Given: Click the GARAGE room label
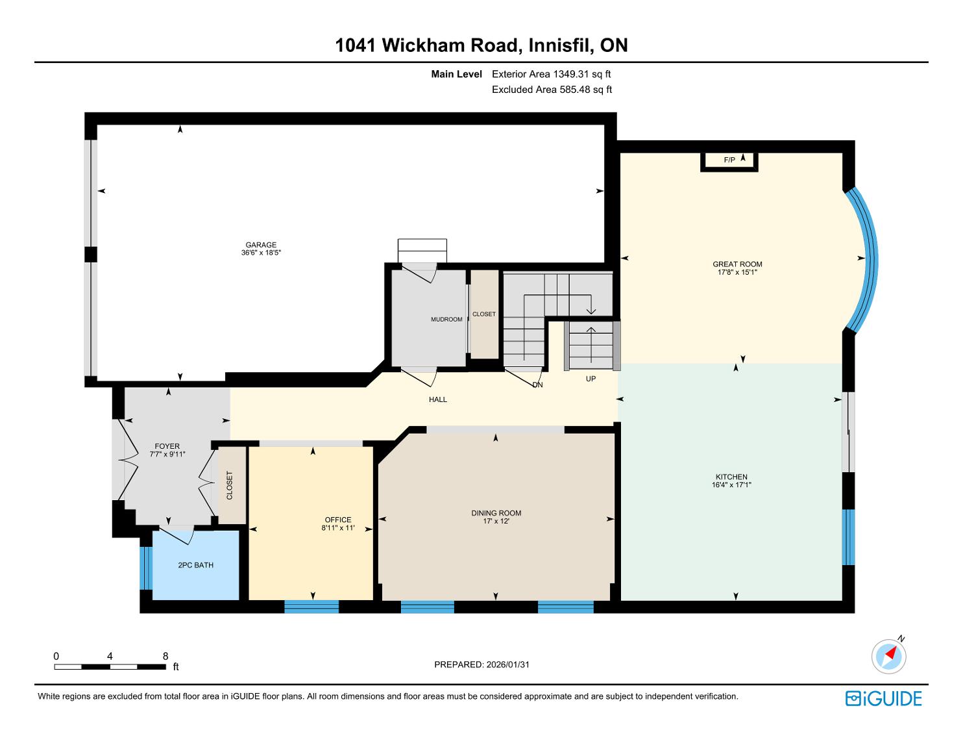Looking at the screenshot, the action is click(x=261, y=245).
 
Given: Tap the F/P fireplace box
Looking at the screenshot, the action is click(x=729, y=161).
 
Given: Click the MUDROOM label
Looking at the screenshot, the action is click(x=446, y=320).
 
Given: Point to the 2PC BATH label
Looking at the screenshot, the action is click(x=195, y=565).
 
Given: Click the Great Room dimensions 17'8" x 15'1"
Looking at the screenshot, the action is click(x=737, y=272).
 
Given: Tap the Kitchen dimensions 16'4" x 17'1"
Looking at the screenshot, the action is click(x=731, y=485).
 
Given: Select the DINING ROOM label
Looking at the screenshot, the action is click(x=496, y=513).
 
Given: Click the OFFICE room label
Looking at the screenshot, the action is click(x=338, y=520).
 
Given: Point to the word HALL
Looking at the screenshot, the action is click(x=438, y=399).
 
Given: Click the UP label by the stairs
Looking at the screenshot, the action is click(x=591, y=379).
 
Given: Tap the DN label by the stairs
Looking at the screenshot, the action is click(x=537, y=385).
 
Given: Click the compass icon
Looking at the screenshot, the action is click(x=888, y=657).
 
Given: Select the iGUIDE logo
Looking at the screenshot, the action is click(x=883, y=698).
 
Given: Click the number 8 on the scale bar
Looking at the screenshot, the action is click(x=165, y=656).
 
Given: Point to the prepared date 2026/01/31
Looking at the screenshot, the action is click(x=508, y=664).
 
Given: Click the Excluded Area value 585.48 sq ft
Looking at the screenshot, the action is click(x=586, y=90).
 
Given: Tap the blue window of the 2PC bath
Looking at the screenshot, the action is click(x=146, y=568).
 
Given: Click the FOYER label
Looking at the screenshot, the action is click(x=167, y=446).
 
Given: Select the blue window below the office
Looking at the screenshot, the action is click(x=311, y=607).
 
